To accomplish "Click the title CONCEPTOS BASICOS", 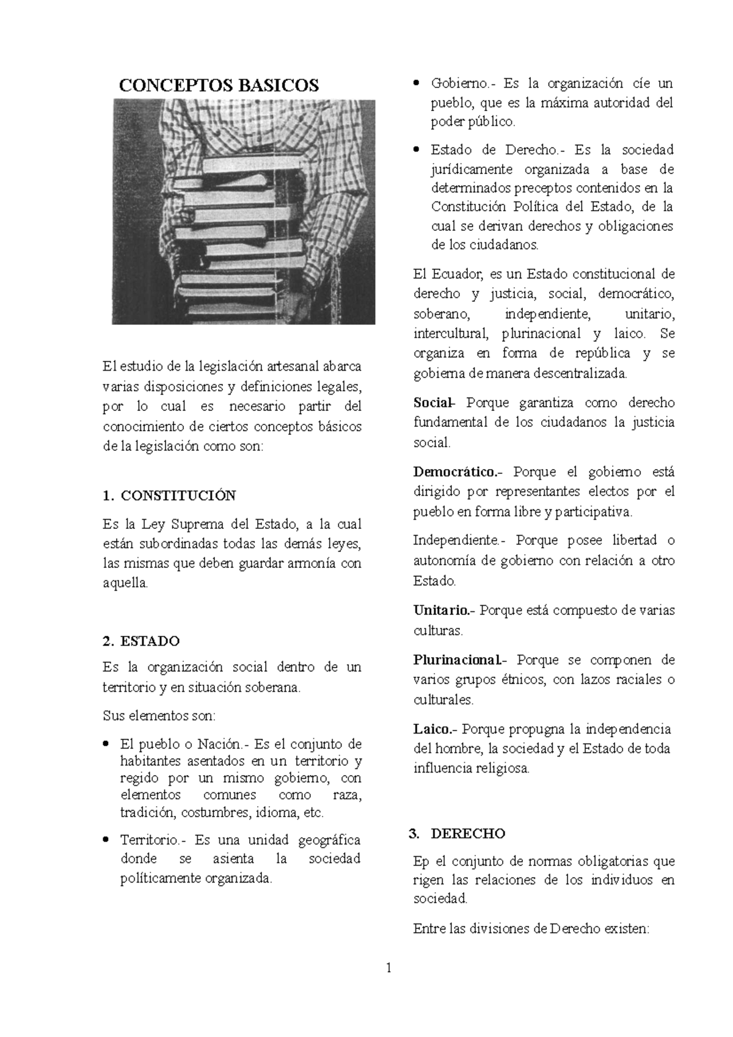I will [219, 85].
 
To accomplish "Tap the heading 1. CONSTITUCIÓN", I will [169, 495].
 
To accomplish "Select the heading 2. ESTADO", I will [141, 641].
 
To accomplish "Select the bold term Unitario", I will [442, 609].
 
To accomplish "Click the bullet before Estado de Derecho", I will [416, 149].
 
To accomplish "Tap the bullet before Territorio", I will [106, 840].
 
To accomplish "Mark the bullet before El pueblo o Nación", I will [106, 744].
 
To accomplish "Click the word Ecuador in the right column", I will [459, 274].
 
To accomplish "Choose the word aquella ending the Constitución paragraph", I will [125, 583].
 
